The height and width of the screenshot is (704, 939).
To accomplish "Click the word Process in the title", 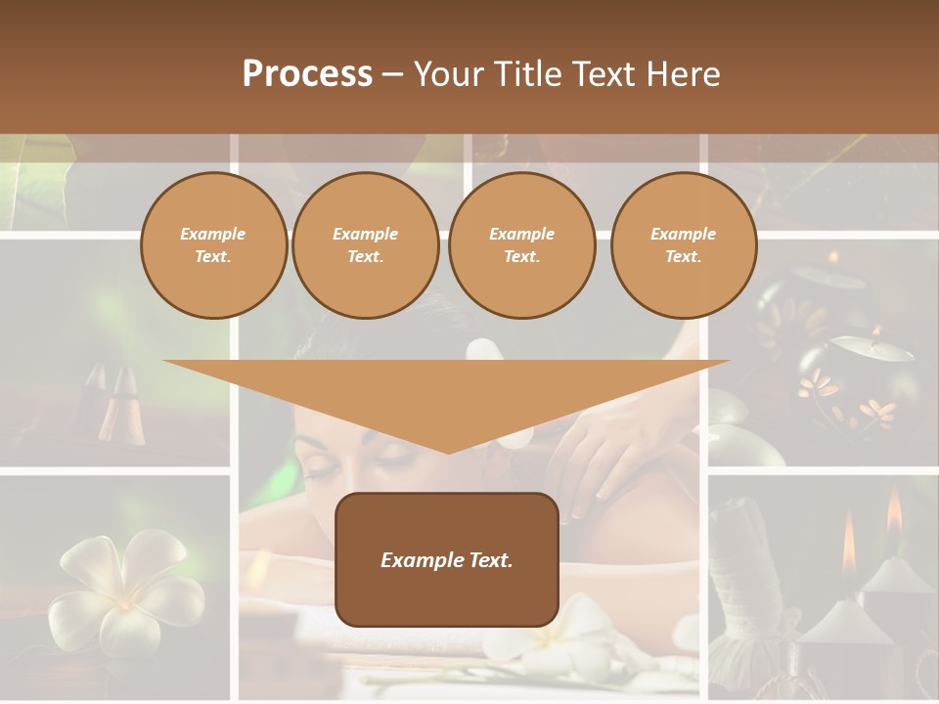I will [307, 74].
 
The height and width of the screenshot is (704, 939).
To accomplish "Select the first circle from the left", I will [213, 245].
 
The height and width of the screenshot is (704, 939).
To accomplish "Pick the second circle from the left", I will [365, 245].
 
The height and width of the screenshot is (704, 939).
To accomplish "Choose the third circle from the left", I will [521, 245].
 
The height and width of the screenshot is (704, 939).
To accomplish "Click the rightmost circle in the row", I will [683, 245].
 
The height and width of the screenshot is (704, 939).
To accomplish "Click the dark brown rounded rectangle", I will [447, 559].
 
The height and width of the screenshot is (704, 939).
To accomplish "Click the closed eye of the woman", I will [323, 467].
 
